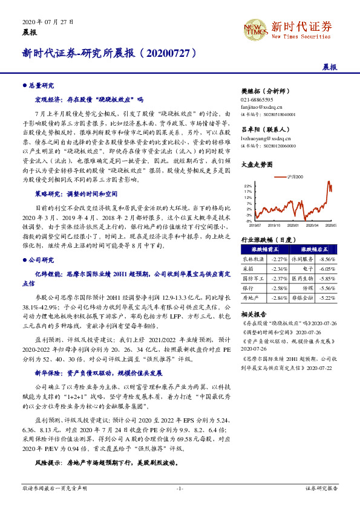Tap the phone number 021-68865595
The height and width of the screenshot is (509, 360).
(257, 99)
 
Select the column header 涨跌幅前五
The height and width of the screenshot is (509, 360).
(264, 248)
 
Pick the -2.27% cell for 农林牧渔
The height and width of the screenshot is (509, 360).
(280, 258)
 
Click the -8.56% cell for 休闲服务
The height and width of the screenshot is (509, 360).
(327, 258)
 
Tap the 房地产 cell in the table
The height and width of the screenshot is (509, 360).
(253, 298)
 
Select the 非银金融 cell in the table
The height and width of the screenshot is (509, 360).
(303, 298)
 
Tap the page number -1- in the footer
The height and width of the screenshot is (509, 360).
(180, 488)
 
